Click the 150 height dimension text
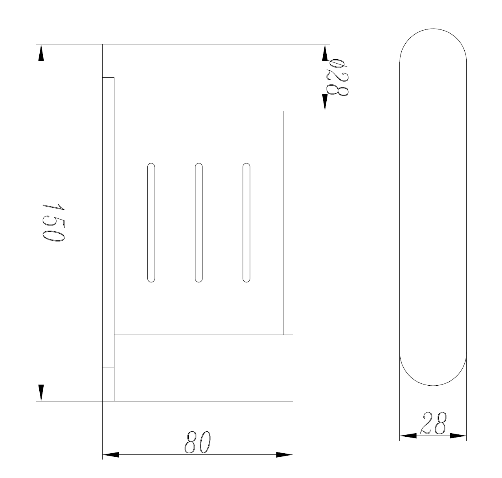(x=53, y=223)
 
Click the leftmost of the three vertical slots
(x=151, y=223)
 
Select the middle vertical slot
(x=199, y=223)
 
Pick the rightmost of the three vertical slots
(x=246, y=223)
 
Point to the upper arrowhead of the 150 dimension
(x=41, y=53)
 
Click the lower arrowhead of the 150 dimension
(x=41, y=393)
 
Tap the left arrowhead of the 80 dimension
(x=111, y=454)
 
